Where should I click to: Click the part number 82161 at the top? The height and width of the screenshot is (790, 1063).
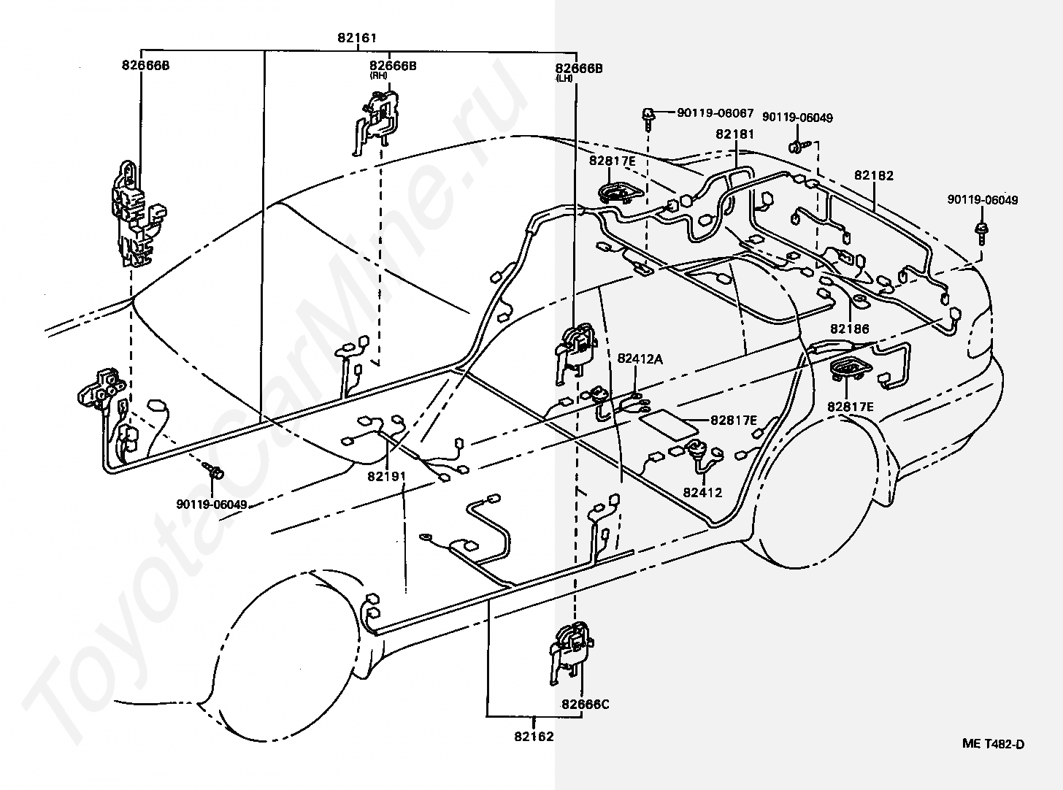(356, 37)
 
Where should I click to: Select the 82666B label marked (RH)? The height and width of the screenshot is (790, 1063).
(393, 66)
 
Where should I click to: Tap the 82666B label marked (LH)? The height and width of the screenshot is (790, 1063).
(579, 69)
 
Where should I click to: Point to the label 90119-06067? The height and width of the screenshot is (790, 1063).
(715, 112)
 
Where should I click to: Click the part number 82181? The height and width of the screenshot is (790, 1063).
(734, 134)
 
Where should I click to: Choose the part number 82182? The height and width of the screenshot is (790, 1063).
(874, 175)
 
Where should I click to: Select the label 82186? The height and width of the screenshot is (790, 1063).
(850, 329)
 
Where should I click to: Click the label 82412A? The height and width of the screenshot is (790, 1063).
(640, 358)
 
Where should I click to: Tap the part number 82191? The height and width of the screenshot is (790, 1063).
(387, 477)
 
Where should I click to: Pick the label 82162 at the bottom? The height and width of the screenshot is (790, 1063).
(534, 736)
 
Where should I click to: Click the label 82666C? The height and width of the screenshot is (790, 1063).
(586, 704)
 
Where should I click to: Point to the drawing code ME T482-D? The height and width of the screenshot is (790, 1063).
(994, 743)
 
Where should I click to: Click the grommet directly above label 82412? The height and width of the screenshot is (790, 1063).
(694, 452)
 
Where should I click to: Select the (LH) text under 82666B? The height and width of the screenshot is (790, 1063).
(564, 78)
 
